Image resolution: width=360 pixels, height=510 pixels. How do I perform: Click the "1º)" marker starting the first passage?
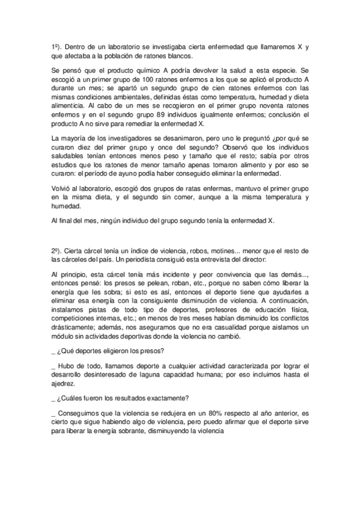(x=56, y=46)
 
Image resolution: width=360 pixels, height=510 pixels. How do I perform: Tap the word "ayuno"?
(x=163, y=173)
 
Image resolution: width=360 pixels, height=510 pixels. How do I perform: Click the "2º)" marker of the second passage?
(x=56, y=249)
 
